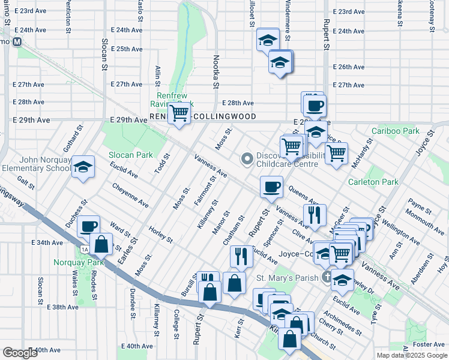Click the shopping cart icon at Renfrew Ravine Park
178,112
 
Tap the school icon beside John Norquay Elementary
83,166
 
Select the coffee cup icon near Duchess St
88,226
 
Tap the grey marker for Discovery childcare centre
246,159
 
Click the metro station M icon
17,42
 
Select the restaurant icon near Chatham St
241,256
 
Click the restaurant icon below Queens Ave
315,214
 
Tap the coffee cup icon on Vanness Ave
271,187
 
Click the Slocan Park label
130,155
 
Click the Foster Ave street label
429,344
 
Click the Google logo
20,353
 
